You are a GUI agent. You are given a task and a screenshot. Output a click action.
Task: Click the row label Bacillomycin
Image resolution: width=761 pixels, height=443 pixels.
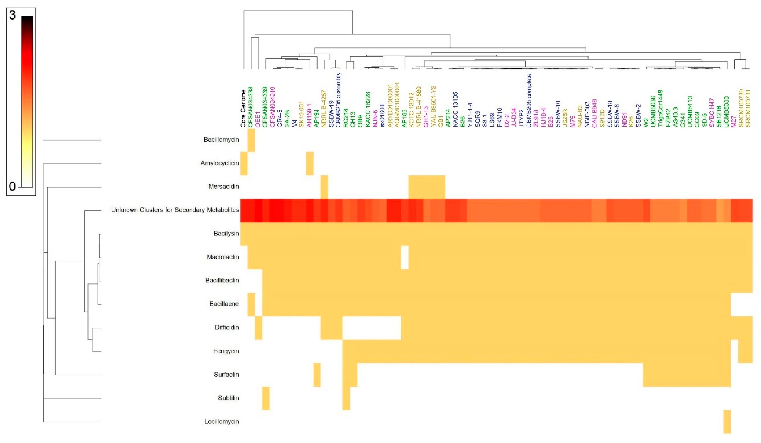[x=221, y=140]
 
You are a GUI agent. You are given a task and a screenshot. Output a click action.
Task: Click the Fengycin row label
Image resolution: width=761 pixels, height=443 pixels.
[x=226, y=351]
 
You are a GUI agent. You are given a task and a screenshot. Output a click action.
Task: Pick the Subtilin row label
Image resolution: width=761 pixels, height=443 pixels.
[x=228, y=398]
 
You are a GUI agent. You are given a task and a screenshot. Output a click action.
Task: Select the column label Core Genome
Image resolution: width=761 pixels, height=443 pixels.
[x=243, y=108]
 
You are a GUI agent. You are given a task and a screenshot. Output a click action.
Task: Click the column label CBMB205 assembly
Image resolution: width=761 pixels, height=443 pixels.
[x=339, y=100]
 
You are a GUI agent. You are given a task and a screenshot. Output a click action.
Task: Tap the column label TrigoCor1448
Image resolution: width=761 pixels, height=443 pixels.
[x=660, y=108]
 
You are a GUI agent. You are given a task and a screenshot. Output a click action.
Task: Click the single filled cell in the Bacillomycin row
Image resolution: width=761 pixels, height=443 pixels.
[x=251, y=140]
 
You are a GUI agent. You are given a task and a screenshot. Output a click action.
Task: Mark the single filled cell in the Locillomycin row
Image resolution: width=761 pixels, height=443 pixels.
[x=727, y=422]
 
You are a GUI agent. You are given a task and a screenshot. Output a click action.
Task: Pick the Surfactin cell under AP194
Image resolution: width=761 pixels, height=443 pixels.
[x=317, y=375]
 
